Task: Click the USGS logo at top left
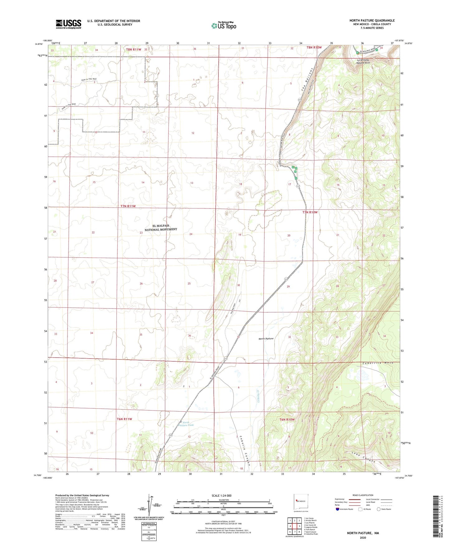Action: pyautogui.click(x=69, y=24)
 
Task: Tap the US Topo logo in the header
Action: pyautogui.click(x=224, y=26)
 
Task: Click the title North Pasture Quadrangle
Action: pyautogui.click(x=372, y=21)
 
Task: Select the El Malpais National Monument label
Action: pyautogui.click(x=161, y=227)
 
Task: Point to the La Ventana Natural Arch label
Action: pyautogui.click(x=363, y=61)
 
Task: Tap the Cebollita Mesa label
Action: pyautogui.click(x=378, y=363)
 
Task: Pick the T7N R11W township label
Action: pyautogui.click(x=128, y=206)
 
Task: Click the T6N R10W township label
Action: pyautogui.click(x=287, y=419)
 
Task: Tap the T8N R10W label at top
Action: pyautogui.click(x=314, y=47)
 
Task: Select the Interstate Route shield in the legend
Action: pyautogui.click(x=338, y=509)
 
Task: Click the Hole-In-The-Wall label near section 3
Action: pyautogui.click(x=89, y=79)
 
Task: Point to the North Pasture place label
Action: pyautogui.click(x=266, y=338)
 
